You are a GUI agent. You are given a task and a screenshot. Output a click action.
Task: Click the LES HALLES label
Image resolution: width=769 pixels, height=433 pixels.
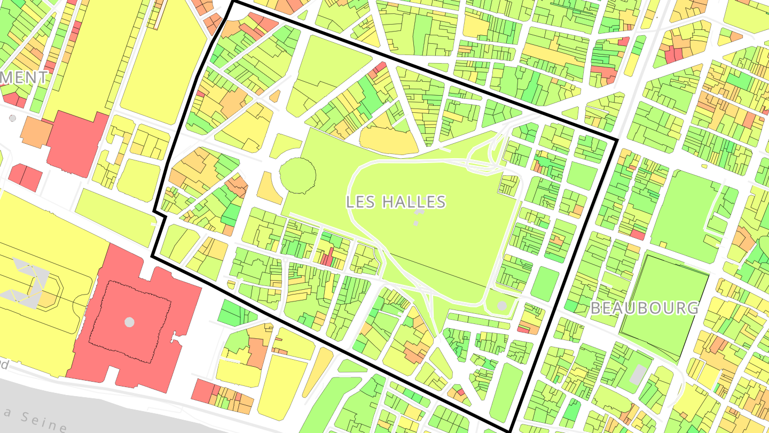[x=396, y=202]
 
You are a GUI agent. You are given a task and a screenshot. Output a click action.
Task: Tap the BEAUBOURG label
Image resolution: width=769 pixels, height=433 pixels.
[x=644, y=308]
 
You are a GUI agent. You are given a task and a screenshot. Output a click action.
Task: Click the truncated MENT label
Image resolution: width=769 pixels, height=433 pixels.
[x=23, y=78]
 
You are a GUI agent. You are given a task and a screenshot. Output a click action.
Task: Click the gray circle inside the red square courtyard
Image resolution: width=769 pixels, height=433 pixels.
[x=129, y=322]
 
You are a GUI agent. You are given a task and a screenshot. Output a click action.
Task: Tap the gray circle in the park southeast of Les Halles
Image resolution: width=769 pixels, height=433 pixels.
[x=502, y=306]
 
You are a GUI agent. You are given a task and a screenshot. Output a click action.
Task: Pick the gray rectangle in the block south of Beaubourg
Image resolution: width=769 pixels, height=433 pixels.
[x=638, y=375]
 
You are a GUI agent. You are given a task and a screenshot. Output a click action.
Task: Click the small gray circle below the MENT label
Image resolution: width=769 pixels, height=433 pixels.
[x=12, y=118]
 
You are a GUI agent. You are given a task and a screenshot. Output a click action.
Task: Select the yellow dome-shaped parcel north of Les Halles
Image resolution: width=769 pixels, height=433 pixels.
[x=388, y=140]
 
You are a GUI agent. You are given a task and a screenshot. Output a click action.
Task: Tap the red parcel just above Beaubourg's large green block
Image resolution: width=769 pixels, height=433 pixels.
[x=637, y=235]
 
